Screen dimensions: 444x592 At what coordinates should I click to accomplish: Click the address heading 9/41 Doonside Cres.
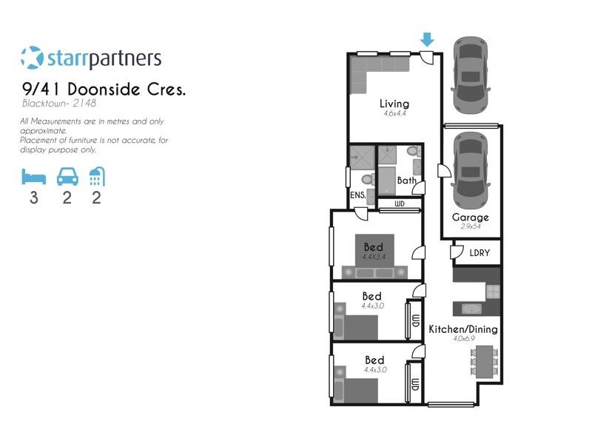point(104,89)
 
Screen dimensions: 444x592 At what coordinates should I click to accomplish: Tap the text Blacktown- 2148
point(59,104)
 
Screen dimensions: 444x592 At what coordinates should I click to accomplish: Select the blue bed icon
point(33,177)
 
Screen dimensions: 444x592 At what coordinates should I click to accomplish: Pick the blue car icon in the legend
point(67,177)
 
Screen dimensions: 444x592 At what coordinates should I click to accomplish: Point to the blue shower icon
point(96,177)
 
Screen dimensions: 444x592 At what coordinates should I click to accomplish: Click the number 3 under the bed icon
point(33,198)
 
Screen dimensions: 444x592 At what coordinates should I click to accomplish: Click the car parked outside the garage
point(471,73)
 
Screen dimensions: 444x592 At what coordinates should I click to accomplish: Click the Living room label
point(394,104)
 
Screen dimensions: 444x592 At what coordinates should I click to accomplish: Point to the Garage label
point(471,218)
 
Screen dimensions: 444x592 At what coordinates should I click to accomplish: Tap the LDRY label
point(480,252)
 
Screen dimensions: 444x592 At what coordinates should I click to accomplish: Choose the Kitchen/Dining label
point(463,329)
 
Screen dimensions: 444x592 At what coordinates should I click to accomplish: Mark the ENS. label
point(358,195)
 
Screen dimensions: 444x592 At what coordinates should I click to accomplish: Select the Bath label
point(406,180)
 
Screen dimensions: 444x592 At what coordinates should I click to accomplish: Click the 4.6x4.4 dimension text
point(394,114)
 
